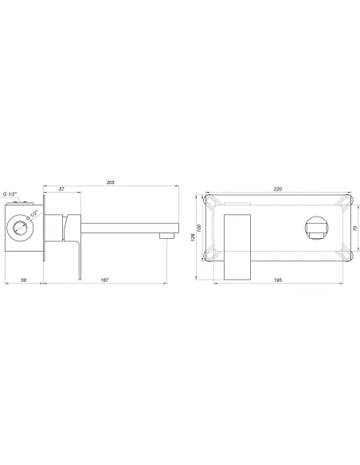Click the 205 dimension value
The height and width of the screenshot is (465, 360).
click(111, 183)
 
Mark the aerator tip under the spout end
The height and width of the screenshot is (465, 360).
click(166, 236)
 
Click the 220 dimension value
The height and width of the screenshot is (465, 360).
click(278, 190)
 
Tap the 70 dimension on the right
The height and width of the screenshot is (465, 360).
click(354, 228)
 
